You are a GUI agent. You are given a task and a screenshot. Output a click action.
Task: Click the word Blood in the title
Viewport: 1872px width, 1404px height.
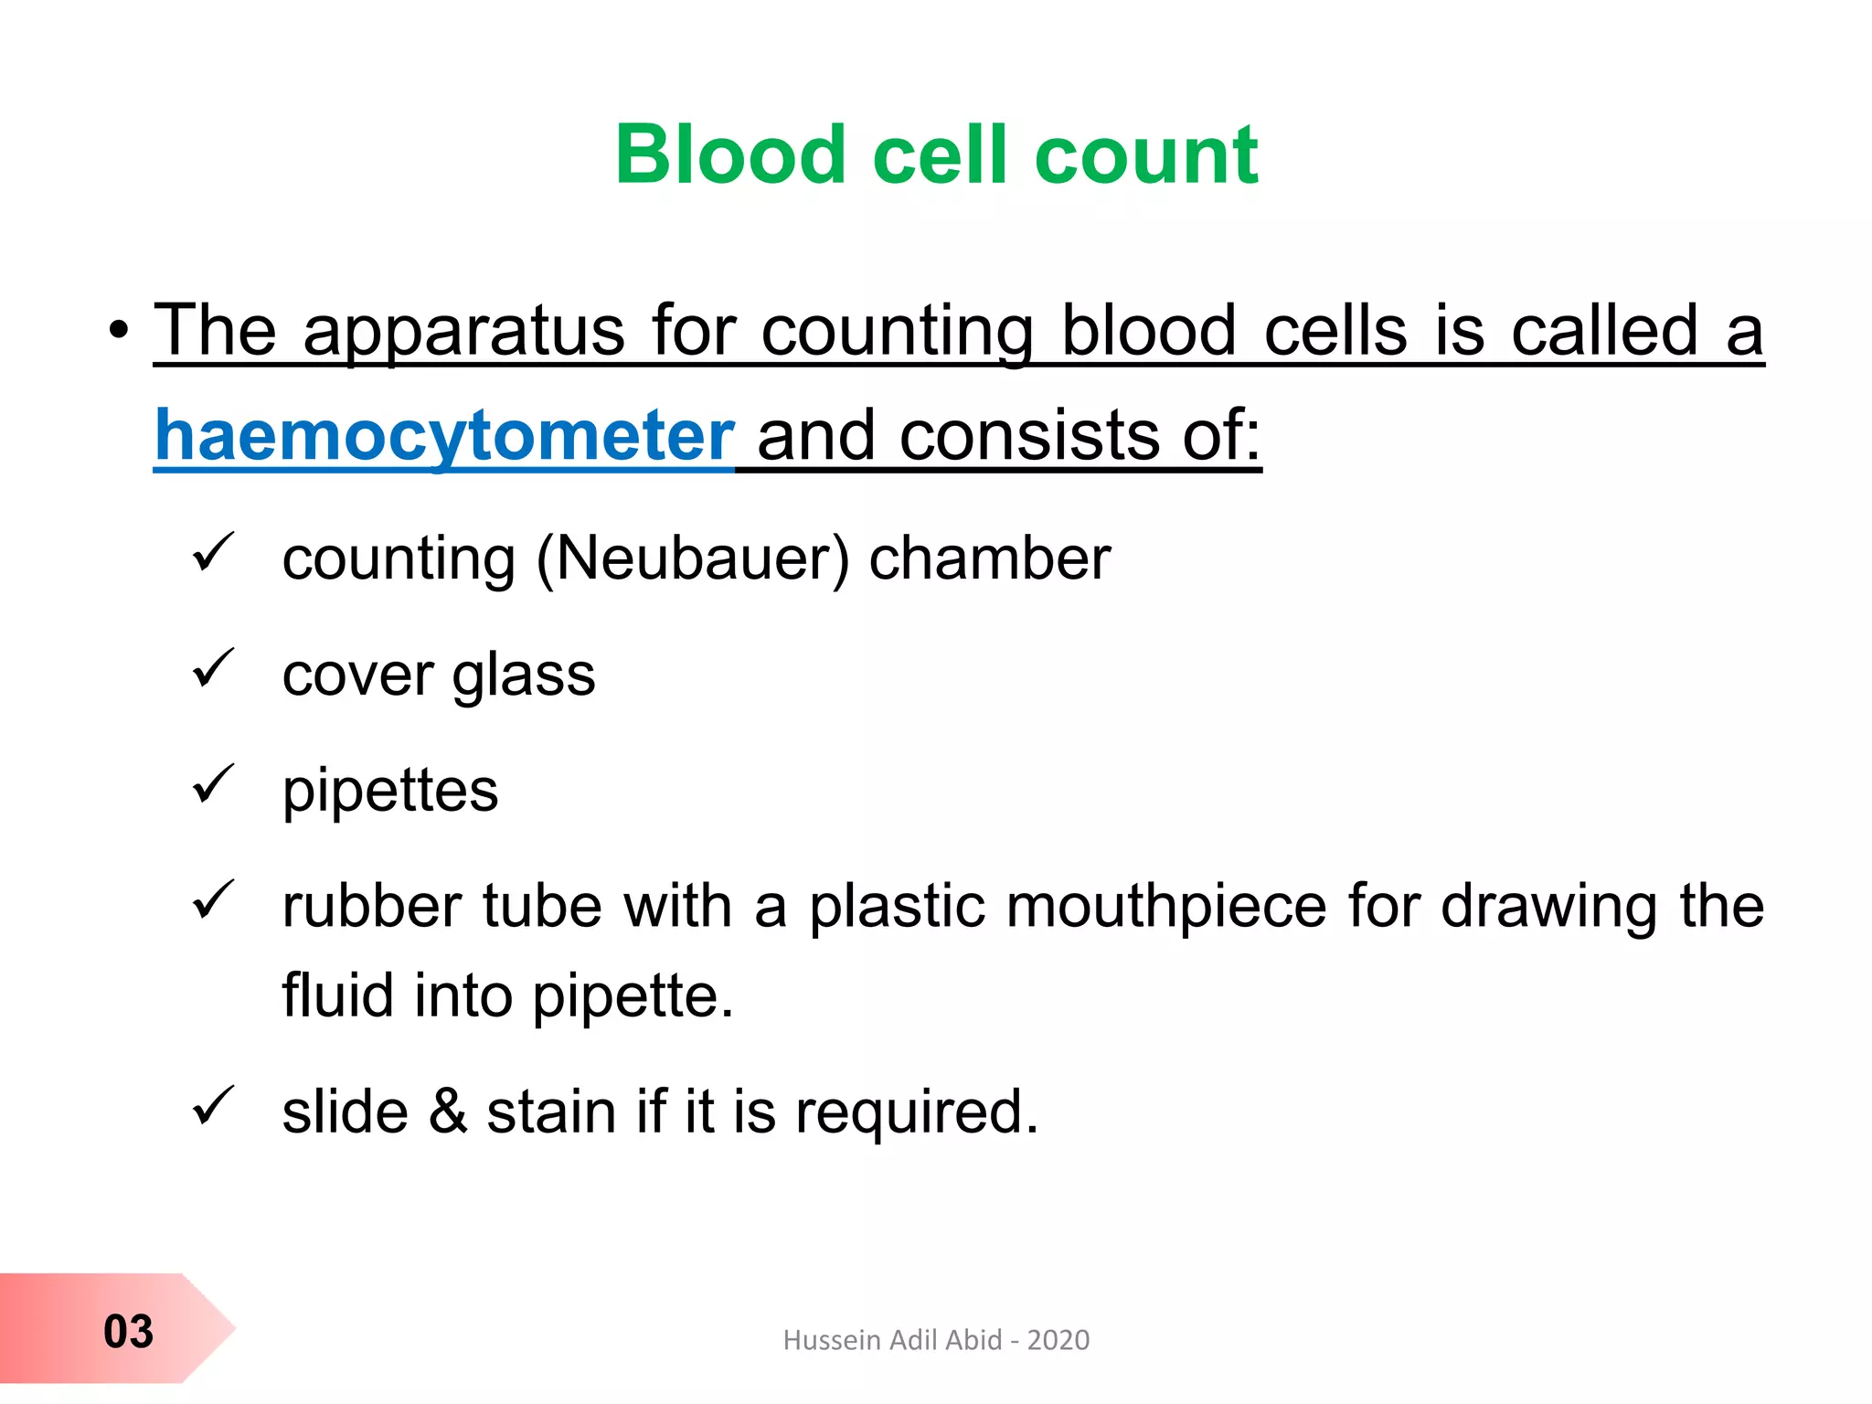[729, 154]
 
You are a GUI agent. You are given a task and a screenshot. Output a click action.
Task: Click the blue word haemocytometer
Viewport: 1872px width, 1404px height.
[444, 435]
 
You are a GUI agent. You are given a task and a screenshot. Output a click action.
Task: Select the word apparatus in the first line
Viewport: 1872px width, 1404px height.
[463, 331]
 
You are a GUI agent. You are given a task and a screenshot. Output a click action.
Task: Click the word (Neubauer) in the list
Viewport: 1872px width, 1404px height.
[692, 558]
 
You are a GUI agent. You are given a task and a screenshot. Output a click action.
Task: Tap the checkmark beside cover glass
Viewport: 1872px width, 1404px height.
[214, 669]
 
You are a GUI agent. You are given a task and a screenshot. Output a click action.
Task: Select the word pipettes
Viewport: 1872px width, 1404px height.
[390, 791]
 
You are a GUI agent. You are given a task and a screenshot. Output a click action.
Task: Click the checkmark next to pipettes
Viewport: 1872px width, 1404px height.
[214, 785]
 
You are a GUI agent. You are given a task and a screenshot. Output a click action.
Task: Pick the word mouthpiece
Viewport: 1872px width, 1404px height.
[1068, 907]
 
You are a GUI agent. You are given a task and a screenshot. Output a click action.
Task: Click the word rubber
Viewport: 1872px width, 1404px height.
[371, 907]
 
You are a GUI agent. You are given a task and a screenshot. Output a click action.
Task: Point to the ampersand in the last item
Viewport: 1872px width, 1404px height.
[448, 1111]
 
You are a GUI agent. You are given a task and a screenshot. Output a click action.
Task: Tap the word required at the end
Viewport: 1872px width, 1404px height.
[916, 1113]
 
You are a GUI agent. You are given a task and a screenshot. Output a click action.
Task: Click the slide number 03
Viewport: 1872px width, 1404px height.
[128, 1331]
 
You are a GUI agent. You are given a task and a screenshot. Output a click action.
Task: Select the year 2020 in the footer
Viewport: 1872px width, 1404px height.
[1058, 1340]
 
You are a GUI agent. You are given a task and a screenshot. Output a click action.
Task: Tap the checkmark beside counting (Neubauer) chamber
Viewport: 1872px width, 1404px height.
[214, 553]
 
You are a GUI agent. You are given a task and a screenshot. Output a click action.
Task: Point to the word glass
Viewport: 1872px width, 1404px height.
[523, 676]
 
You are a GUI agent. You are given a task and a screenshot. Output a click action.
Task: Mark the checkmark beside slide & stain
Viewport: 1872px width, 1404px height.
[214, 1106]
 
